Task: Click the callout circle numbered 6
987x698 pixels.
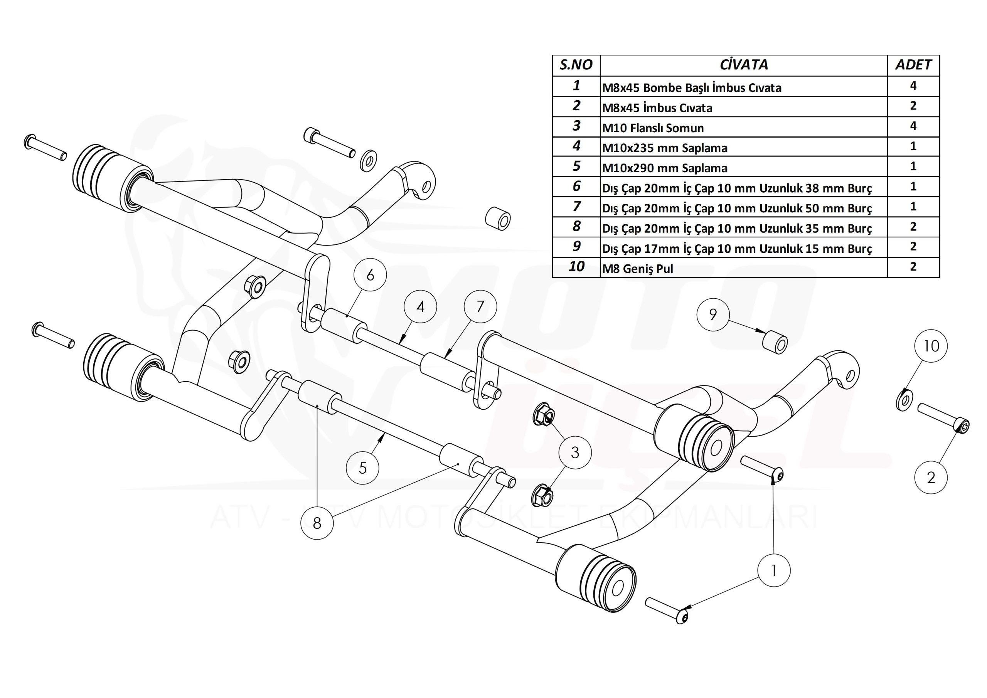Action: (370, 275)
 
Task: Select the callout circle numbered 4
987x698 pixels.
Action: (420, 307)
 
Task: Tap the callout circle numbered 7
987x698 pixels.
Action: (480, 306)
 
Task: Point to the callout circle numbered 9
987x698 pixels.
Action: (713, 315)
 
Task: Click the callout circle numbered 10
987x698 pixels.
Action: (931, 346)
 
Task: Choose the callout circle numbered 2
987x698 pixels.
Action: (931, 478)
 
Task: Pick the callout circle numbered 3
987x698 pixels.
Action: (575, 452)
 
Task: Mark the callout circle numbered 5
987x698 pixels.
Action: (363, 468)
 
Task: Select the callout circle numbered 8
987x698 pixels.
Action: (317, 523)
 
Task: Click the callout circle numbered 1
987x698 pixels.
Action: (773, 571)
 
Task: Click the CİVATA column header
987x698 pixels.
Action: (743, 65)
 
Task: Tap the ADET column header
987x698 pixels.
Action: (913, 65)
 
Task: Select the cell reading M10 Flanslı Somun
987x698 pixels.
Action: (743, 127)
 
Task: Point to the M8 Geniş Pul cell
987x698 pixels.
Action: (743, 268)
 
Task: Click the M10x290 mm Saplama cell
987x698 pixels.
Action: (743, 167)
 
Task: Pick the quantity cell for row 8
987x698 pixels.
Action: (913, 227)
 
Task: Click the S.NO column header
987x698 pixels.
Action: (576, 65)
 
